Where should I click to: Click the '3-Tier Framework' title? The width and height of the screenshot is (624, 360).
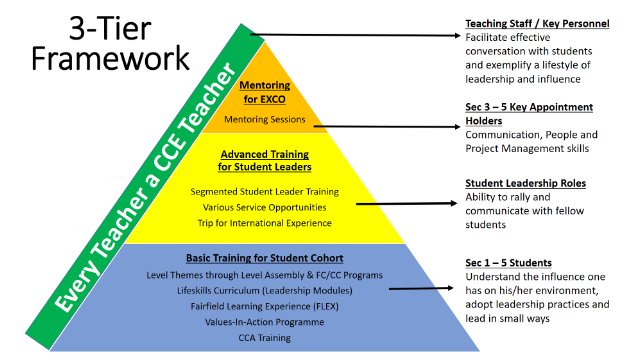point(110,43)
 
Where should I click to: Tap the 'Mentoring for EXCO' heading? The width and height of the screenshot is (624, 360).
point(265,92)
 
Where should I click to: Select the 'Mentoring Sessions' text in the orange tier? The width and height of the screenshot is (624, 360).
point(265,119)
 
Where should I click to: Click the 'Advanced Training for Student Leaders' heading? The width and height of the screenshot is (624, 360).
point(265,160)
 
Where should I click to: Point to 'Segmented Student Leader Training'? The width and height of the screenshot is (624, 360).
point(265,192)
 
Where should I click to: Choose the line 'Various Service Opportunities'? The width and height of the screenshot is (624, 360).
point(265,207)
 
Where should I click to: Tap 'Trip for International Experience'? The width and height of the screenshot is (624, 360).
point(265,223)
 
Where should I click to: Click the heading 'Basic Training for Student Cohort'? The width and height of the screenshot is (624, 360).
point(265,258)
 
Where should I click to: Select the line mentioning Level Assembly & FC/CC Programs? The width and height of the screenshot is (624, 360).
point(265,275)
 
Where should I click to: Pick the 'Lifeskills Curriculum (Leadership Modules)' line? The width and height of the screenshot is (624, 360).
point(265,291)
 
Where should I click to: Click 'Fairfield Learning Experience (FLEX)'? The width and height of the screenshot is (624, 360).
point(265,306)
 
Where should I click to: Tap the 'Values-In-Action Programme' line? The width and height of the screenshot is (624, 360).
point(265,322)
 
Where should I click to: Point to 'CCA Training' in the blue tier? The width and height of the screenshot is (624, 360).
point(265,338)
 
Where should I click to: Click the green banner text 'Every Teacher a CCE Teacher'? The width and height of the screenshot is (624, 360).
point(145,187)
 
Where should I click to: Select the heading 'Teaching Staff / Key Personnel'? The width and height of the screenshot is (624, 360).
point(537,24)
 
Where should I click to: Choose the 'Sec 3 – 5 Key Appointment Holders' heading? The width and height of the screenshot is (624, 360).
point(529,114)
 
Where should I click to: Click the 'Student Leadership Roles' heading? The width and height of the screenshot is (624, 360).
point(525,183)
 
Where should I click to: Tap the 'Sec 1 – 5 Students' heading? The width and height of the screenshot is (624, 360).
point(508,263)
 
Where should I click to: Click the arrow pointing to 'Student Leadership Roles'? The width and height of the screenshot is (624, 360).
point(406,204)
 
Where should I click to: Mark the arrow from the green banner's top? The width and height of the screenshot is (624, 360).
point(355,35)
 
